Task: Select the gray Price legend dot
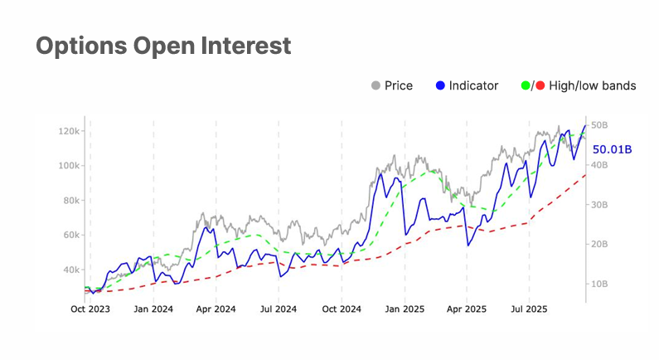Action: tap(376, 85)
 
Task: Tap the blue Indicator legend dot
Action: tap(441, 85)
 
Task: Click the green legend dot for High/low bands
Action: tap(525, 85)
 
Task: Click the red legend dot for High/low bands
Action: tap(540, 85)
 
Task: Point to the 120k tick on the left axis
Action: tap(68, 131)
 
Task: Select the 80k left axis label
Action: tap(70, 201)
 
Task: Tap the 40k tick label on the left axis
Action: tap(70, 270)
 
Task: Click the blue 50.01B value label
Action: tap(613, 149)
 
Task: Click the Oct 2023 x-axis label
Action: tap(90, 309)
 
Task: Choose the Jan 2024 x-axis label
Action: tap(153, 309)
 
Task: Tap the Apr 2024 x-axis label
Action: tap(216, 309)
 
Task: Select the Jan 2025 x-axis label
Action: tap(405, 309)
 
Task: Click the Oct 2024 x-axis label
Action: tap(341, 309)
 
